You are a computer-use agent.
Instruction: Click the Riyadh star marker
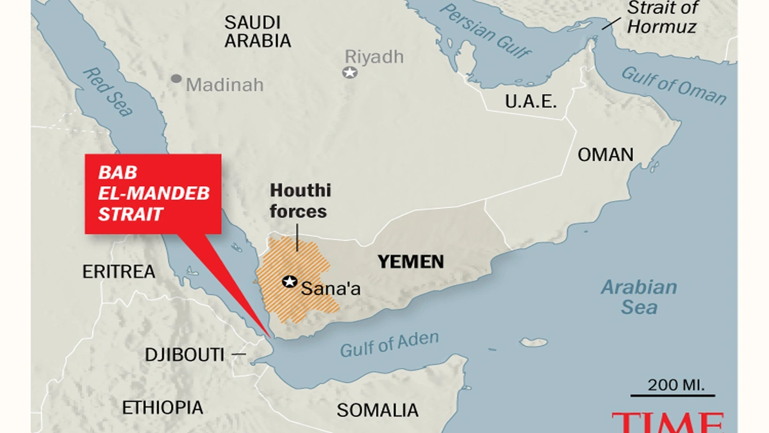point(350,72)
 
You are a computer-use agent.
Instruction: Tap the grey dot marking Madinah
point(176,79)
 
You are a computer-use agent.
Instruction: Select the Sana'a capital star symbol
point(290,282)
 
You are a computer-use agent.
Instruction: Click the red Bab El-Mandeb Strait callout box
point(153,194)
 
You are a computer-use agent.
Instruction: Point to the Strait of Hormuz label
point(661,18)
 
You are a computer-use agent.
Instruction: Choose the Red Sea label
point(108,92)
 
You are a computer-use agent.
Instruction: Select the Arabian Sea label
point(638,297)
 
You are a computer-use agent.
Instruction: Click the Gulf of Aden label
point(389,344)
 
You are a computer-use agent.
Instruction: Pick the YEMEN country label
point(411,262)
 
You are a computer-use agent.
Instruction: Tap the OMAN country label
point(605,155)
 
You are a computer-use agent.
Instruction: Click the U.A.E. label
point(531,101)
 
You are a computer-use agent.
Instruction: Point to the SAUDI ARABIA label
point(258,31)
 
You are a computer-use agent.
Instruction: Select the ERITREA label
point(119,272)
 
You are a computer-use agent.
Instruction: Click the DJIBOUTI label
point(185,354)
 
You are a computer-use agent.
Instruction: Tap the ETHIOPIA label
point(162,407)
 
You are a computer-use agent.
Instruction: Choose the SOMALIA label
point(377,410)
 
